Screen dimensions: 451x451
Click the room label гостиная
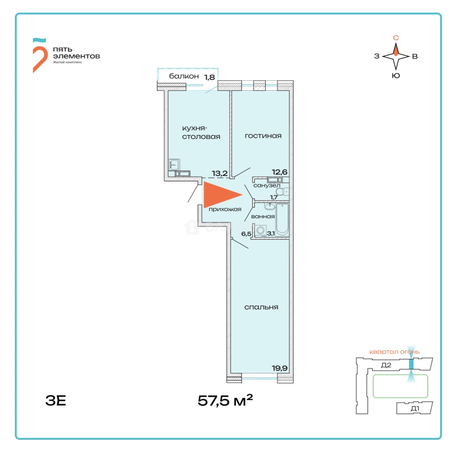pos(263,136)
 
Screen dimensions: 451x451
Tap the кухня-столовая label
pos(201,132)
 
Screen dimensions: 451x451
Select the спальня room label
pos(261,307)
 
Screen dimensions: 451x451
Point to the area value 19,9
pos(279,368)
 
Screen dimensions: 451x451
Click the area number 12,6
pos(279,172)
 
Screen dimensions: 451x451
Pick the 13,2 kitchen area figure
pos(220,173)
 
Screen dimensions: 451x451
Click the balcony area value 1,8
pos(210,77)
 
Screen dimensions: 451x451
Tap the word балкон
pos(184,76)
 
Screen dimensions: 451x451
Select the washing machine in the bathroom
pos(261,231)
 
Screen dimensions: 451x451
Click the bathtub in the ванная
pos(282,220)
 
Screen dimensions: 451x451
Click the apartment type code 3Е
pos(56,400)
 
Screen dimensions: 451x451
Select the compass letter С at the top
pos(396,38)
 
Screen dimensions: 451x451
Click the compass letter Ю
pos(396,76)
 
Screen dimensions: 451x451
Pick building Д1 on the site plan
pos(415,408)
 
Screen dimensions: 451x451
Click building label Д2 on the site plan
pos(386,365)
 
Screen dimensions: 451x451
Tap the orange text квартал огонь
pos(394,352)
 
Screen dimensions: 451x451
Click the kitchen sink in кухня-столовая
pos(174,165)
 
